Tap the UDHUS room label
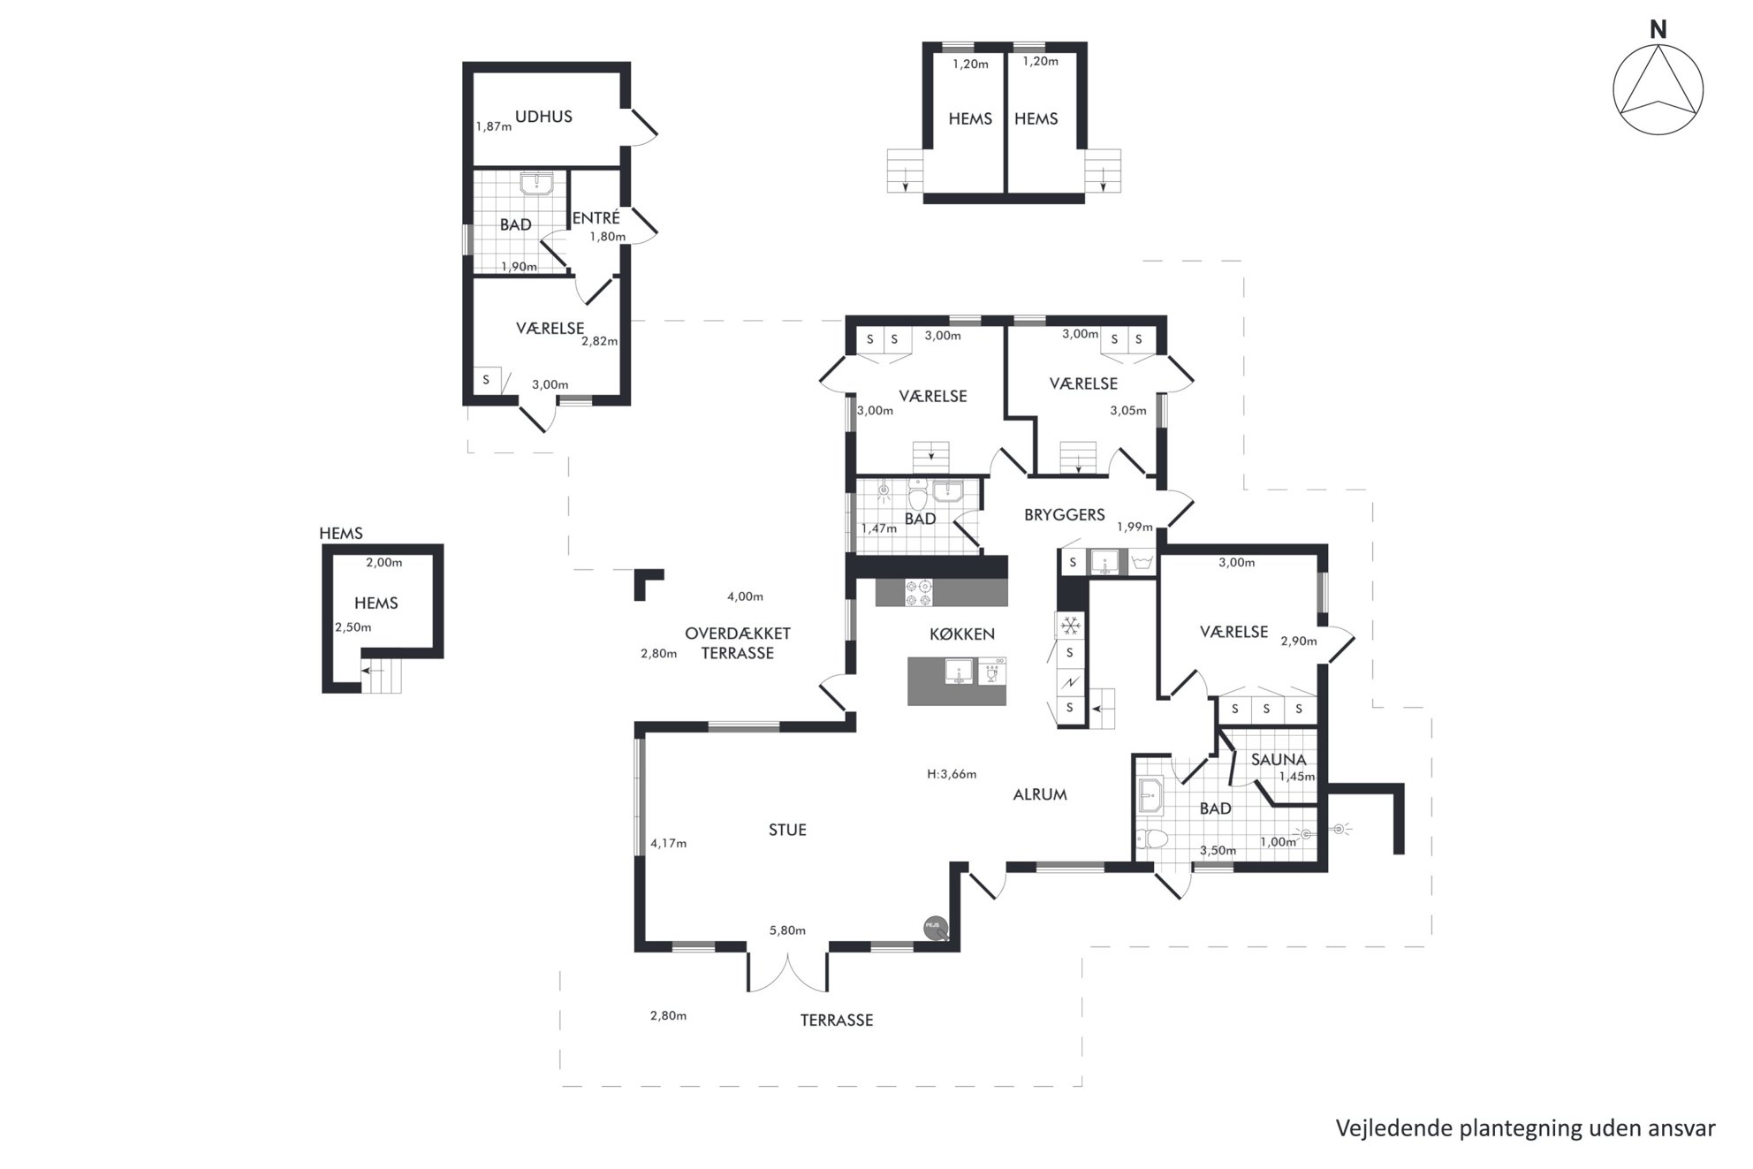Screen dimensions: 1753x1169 point(543,117)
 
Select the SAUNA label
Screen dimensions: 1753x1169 point(1279,759)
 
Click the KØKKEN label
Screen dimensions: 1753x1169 point(962,634)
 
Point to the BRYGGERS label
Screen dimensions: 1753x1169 point(1065,514)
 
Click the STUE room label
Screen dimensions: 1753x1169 point(787,830)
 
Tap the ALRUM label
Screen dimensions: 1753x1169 point(1040,794)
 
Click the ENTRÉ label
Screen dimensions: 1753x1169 point(596,217)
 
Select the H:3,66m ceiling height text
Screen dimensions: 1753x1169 point(952,774)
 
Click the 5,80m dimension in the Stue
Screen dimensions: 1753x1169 point(787,930)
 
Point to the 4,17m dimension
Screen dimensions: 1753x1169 point(668,843)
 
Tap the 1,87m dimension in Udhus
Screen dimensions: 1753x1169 point(493,126)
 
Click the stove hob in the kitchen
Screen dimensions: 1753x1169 point(918,592)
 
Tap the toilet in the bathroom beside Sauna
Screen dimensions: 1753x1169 point(1152,839)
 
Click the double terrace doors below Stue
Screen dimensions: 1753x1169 point(788,971)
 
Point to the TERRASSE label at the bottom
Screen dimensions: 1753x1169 point(837,1021)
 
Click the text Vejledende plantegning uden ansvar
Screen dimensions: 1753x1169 point(1525,1128)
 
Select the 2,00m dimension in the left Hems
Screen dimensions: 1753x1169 point(384,562)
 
